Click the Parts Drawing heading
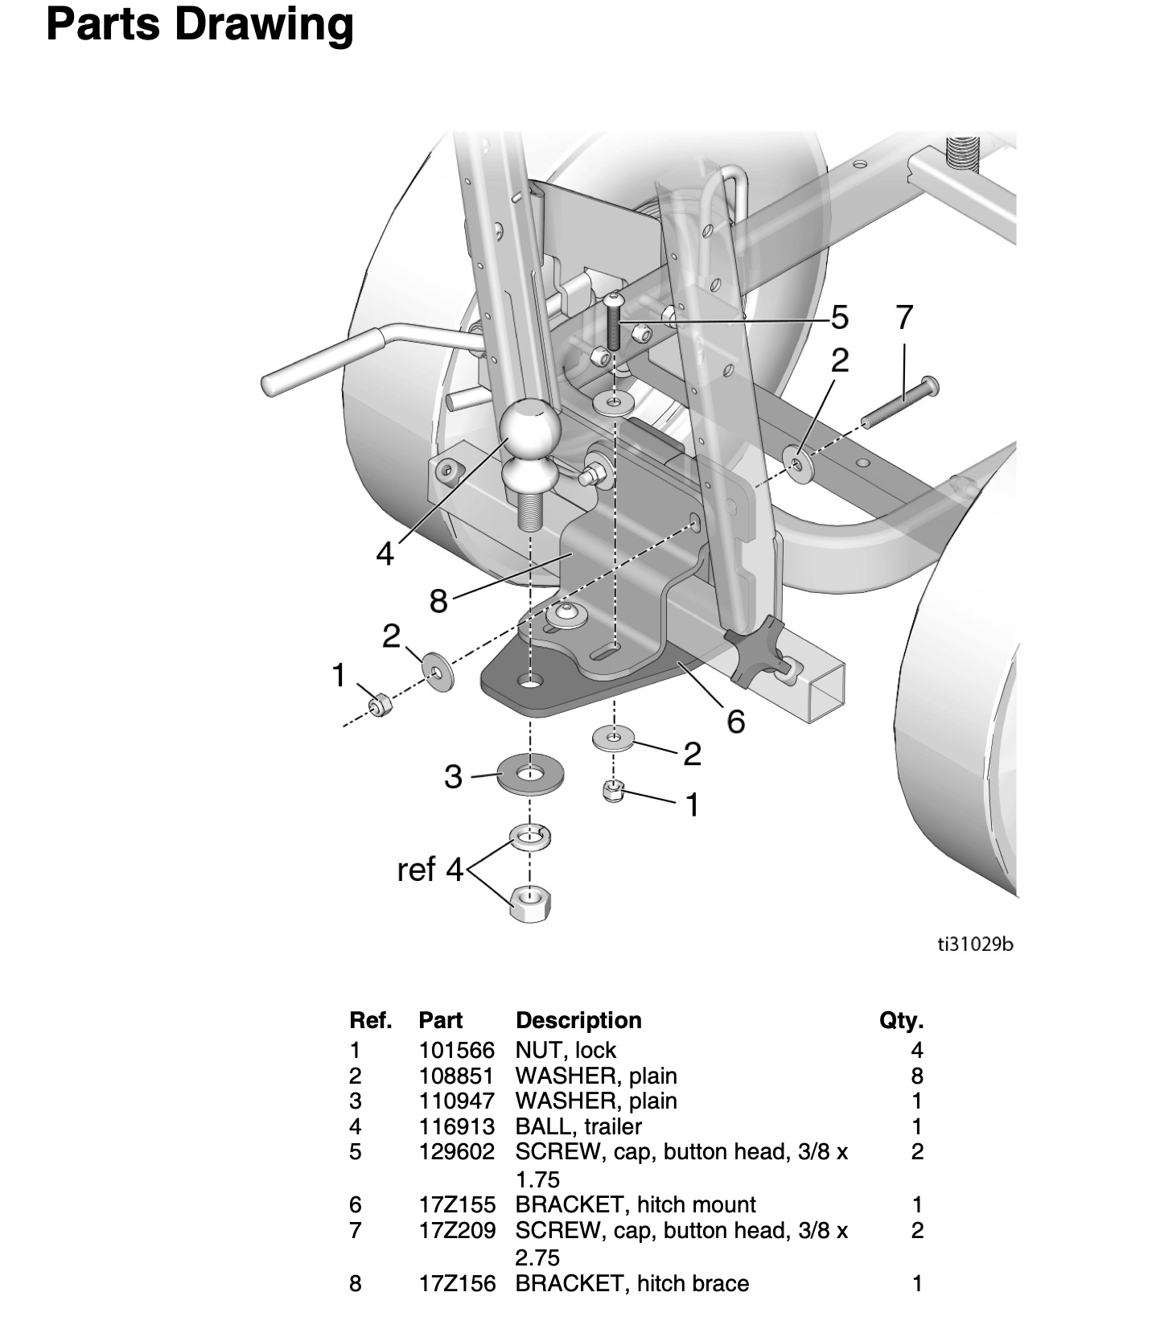200,25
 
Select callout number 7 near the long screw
904,317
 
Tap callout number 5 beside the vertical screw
839,318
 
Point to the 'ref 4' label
431,870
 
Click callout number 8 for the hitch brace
438,600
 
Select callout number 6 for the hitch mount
736,722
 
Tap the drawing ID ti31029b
975,944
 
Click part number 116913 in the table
457,1126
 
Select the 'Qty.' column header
901,1021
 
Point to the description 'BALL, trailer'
578,1126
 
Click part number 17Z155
457,1204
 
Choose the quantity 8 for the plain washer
917,1076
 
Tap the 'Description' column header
578,1021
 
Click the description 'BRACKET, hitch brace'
632,1283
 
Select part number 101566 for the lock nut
457,1050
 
